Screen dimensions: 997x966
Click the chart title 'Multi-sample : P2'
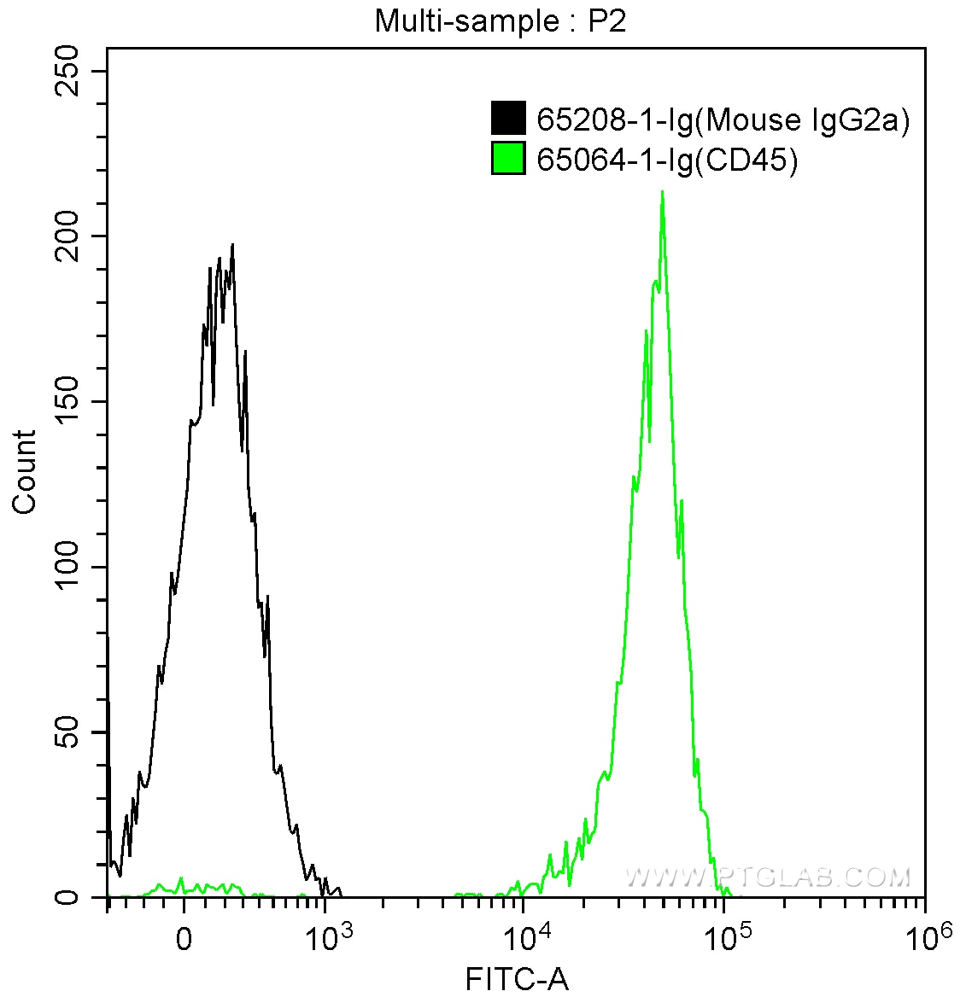pos(501,21)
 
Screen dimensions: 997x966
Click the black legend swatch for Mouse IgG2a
pos(508,119)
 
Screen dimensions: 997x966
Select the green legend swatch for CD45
pos(508,159)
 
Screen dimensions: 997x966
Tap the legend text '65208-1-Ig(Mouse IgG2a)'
pos(723,120)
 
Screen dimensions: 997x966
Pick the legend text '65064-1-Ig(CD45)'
pos(667,160)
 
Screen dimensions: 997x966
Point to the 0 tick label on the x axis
pos(184,938)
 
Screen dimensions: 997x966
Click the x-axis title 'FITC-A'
pos(517,978)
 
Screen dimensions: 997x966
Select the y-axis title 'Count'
pos(25,471)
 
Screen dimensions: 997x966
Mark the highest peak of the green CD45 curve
pos(662,193)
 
